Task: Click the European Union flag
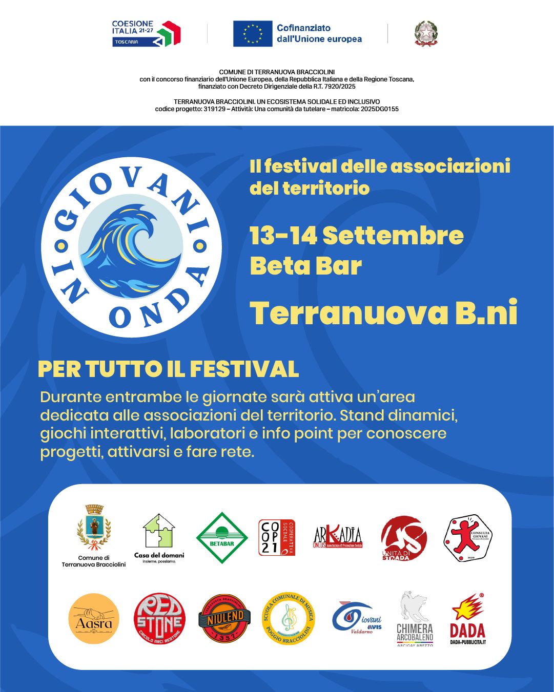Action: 252,34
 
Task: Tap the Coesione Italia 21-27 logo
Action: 146,34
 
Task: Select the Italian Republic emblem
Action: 426,34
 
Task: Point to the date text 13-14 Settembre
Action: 357,236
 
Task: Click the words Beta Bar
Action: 305,266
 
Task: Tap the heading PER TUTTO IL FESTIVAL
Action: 168,369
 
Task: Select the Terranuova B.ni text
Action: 383,313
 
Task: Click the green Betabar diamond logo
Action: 222,538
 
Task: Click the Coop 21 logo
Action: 277,538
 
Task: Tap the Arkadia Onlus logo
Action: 338,538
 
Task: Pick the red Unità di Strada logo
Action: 404,538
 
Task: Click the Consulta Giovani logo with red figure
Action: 467,538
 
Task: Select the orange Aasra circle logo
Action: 94,619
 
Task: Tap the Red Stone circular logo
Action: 159,619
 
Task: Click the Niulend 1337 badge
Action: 224,619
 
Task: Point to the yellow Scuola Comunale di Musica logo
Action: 288,619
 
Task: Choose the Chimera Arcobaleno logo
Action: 415,619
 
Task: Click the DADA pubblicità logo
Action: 467,620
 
